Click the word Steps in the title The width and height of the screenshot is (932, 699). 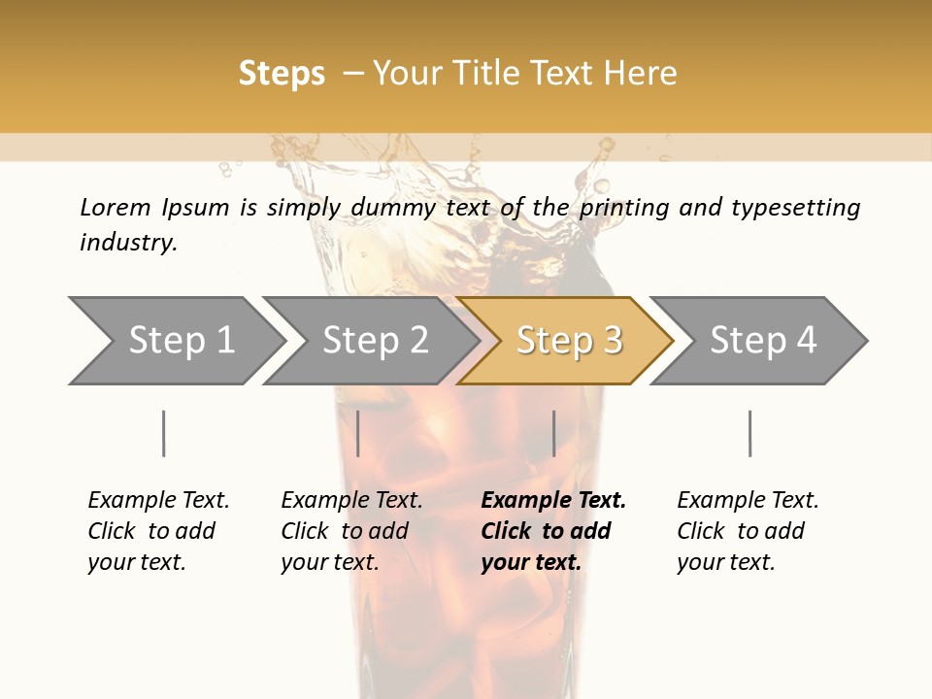pyautogui.click(x=282, y=74)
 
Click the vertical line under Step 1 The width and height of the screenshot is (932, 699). pyautogui.click(x=164, y=433)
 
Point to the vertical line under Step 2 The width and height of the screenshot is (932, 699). pyautogui.click(x=358, y=433)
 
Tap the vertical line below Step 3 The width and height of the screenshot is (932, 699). pyautogui.click(x=553, y=433)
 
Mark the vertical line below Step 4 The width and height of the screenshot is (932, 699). pyautogui.click(x=749, y=433)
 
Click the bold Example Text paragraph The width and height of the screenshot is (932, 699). pyautogui.click(x=551, y=531)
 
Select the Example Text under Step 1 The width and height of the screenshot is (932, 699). pyautogui.click(x=158, y=531)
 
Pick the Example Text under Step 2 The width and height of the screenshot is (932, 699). pyautogui.click(x=351, y=531)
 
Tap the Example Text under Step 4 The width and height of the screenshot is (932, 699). pyautogui.click(x=747, y=531)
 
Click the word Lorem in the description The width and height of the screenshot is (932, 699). pyautogui.click(x=116, y=208)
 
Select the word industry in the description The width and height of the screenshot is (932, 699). pyautogui.click(x=128, y=243)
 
